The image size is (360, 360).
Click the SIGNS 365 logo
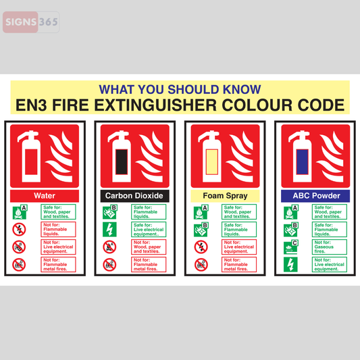[30, 22]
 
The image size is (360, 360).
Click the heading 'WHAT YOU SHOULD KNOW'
[180, 89]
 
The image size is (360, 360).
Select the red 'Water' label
[45, 196]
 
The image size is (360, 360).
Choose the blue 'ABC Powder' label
[315, 196]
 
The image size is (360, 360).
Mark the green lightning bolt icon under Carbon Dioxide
[109, 230]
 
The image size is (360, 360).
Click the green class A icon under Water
[19, 211]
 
